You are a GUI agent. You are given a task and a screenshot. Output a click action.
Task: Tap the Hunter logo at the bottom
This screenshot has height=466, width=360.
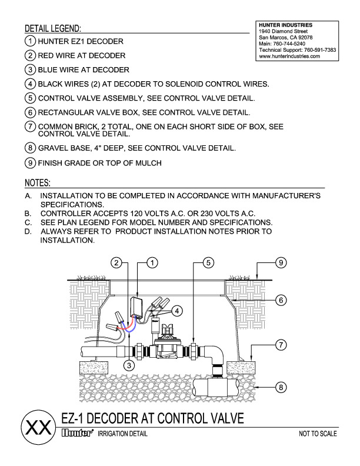(78, 434)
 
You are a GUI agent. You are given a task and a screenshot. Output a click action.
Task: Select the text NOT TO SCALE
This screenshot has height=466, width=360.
(318, 434)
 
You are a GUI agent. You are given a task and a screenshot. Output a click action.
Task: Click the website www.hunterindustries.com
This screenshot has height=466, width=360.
(289, 56)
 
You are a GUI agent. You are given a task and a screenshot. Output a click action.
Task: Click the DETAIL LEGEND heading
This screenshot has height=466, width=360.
(53, 28)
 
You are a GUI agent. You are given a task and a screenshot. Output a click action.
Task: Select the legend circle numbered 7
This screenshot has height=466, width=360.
(30, 127)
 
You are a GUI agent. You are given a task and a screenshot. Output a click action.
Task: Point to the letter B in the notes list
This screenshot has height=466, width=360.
(28, 213)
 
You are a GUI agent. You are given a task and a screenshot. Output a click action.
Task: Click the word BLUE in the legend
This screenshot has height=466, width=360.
(50, 69)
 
